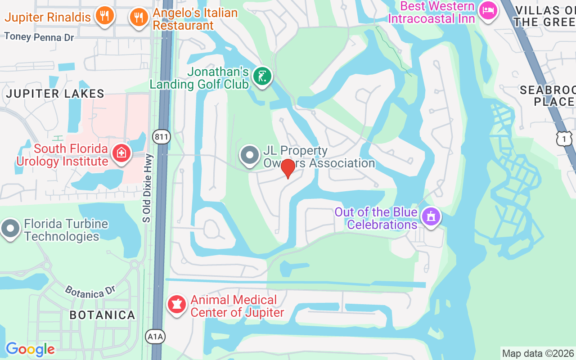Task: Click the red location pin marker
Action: coord(288,169)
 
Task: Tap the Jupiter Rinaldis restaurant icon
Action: coord(104,16)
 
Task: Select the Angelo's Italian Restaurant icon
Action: coord(139,18)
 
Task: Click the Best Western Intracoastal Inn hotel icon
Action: coord(488,10)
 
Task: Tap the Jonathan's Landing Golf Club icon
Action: coord(261,76)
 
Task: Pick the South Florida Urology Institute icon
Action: coord(121,154)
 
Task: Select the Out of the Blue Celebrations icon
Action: coord(431,217)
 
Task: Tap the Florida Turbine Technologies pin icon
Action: coord(10,229)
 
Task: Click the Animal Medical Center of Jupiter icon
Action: coord(177,305)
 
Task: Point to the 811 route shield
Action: coord(161,137)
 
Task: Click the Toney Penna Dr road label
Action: coord(39,37)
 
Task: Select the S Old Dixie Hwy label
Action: coord(147,188)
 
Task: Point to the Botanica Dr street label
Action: coord(90,292)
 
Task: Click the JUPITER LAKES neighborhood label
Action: coord(55,94)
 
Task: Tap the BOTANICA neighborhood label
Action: coord(102,315)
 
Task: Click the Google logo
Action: coord(30,349)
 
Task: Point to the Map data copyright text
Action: coord(538,354)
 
